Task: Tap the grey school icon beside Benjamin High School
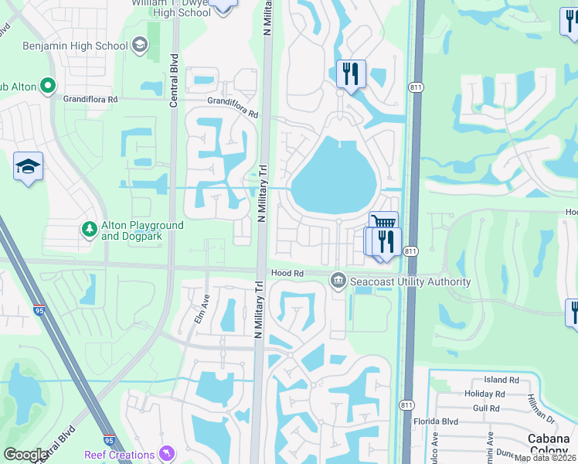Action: point(139,46)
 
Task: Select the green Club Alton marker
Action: point(48,86)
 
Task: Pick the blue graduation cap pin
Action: point(28,166)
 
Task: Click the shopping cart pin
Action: point(383,224)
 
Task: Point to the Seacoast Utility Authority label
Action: point(410,281)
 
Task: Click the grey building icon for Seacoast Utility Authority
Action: point(338,281)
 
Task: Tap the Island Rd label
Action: point(501,380)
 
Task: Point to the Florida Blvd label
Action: point(459,421)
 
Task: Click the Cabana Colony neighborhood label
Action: point(549,445)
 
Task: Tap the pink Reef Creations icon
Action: point(165,452)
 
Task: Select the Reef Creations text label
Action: point(119,455)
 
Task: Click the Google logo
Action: point(26,455)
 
